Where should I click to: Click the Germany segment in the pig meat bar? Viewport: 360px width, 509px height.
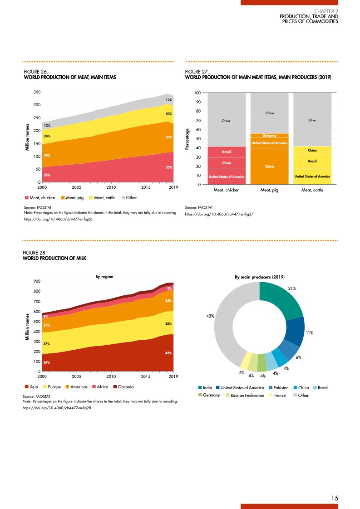pyautogui.click(x=270, y=136)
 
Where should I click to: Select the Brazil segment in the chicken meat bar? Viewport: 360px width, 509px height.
pyautogui.click(x=226, y=152)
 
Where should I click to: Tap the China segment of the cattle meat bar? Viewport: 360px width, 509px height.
pyautogui.click(x=312, y=150)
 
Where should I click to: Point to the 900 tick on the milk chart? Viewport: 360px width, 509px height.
pyautogui.click(x=37, y=281)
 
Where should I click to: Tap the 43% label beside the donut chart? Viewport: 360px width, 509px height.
pyautogui.click(x=210, y=316)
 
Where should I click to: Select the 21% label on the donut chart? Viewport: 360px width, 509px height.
pyautogui.click(x=292, y=288)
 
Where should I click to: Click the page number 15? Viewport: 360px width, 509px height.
pyautogui.click(x=335, y=498)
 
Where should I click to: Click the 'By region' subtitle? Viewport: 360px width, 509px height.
pyautogui.click(x=104, y=276)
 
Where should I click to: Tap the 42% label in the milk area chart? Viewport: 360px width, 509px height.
pyautogui.click(x=168, y=353)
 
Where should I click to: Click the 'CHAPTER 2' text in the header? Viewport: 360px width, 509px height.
pyautogui.click(x=326, y=11)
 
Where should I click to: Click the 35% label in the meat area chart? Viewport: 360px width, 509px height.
pyautogui.click(x=168, y=167)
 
